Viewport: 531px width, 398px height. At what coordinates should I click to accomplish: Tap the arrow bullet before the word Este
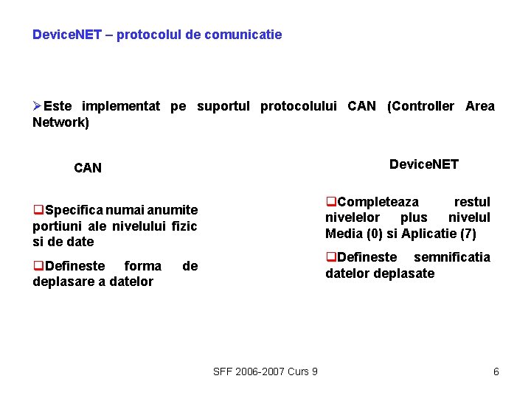[x=38, y=106]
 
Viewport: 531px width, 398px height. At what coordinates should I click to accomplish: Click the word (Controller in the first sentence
[x=421, y=106]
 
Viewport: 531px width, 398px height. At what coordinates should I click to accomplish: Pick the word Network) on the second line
[x=60, y=122]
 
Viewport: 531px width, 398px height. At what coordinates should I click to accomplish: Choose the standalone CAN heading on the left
[x=88, y=168]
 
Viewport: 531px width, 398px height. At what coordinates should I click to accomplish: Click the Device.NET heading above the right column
[x=424, y=164]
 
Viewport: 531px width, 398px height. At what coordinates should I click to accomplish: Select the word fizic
[x=184, y=226]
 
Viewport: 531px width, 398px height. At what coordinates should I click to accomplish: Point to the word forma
[x=143, y=266]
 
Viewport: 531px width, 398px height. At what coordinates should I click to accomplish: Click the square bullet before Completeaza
[x=331, y=202]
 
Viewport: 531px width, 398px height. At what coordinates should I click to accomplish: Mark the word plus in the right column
[x=414, y=217]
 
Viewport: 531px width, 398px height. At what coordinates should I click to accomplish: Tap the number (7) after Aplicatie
[x=468, y=234]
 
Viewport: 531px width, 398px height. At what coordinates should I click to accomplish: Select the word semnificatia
[x=452, y=257]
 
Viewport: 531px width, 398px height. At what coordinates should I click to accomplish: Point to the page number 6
[x=496, y=371]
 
